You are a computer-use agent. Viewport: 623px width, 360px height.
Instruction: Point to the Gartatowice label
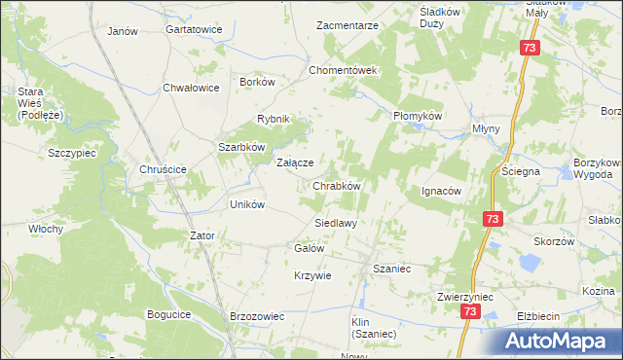pos(194,30)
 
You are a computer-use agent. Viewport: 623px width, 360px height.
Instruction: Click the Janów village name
pos(122,31)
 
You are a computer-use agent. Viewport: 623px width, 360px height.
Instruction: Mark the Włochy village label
pos(46,230)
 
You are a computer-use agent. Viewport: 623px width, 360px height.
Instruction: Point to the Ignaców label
pos(441,191)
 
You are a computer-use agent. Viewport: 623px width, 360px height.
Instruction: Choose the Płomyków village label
pos(418,115)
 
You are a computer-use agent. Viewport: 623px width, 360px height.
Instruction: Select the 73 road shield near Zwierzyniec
pos(471,311)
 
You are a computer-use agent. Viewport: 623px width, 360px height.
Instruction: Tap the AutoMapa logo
pos(561,340)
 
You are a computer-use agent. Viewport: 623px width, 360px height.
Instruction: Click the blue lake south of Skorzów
pos(530,263)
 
